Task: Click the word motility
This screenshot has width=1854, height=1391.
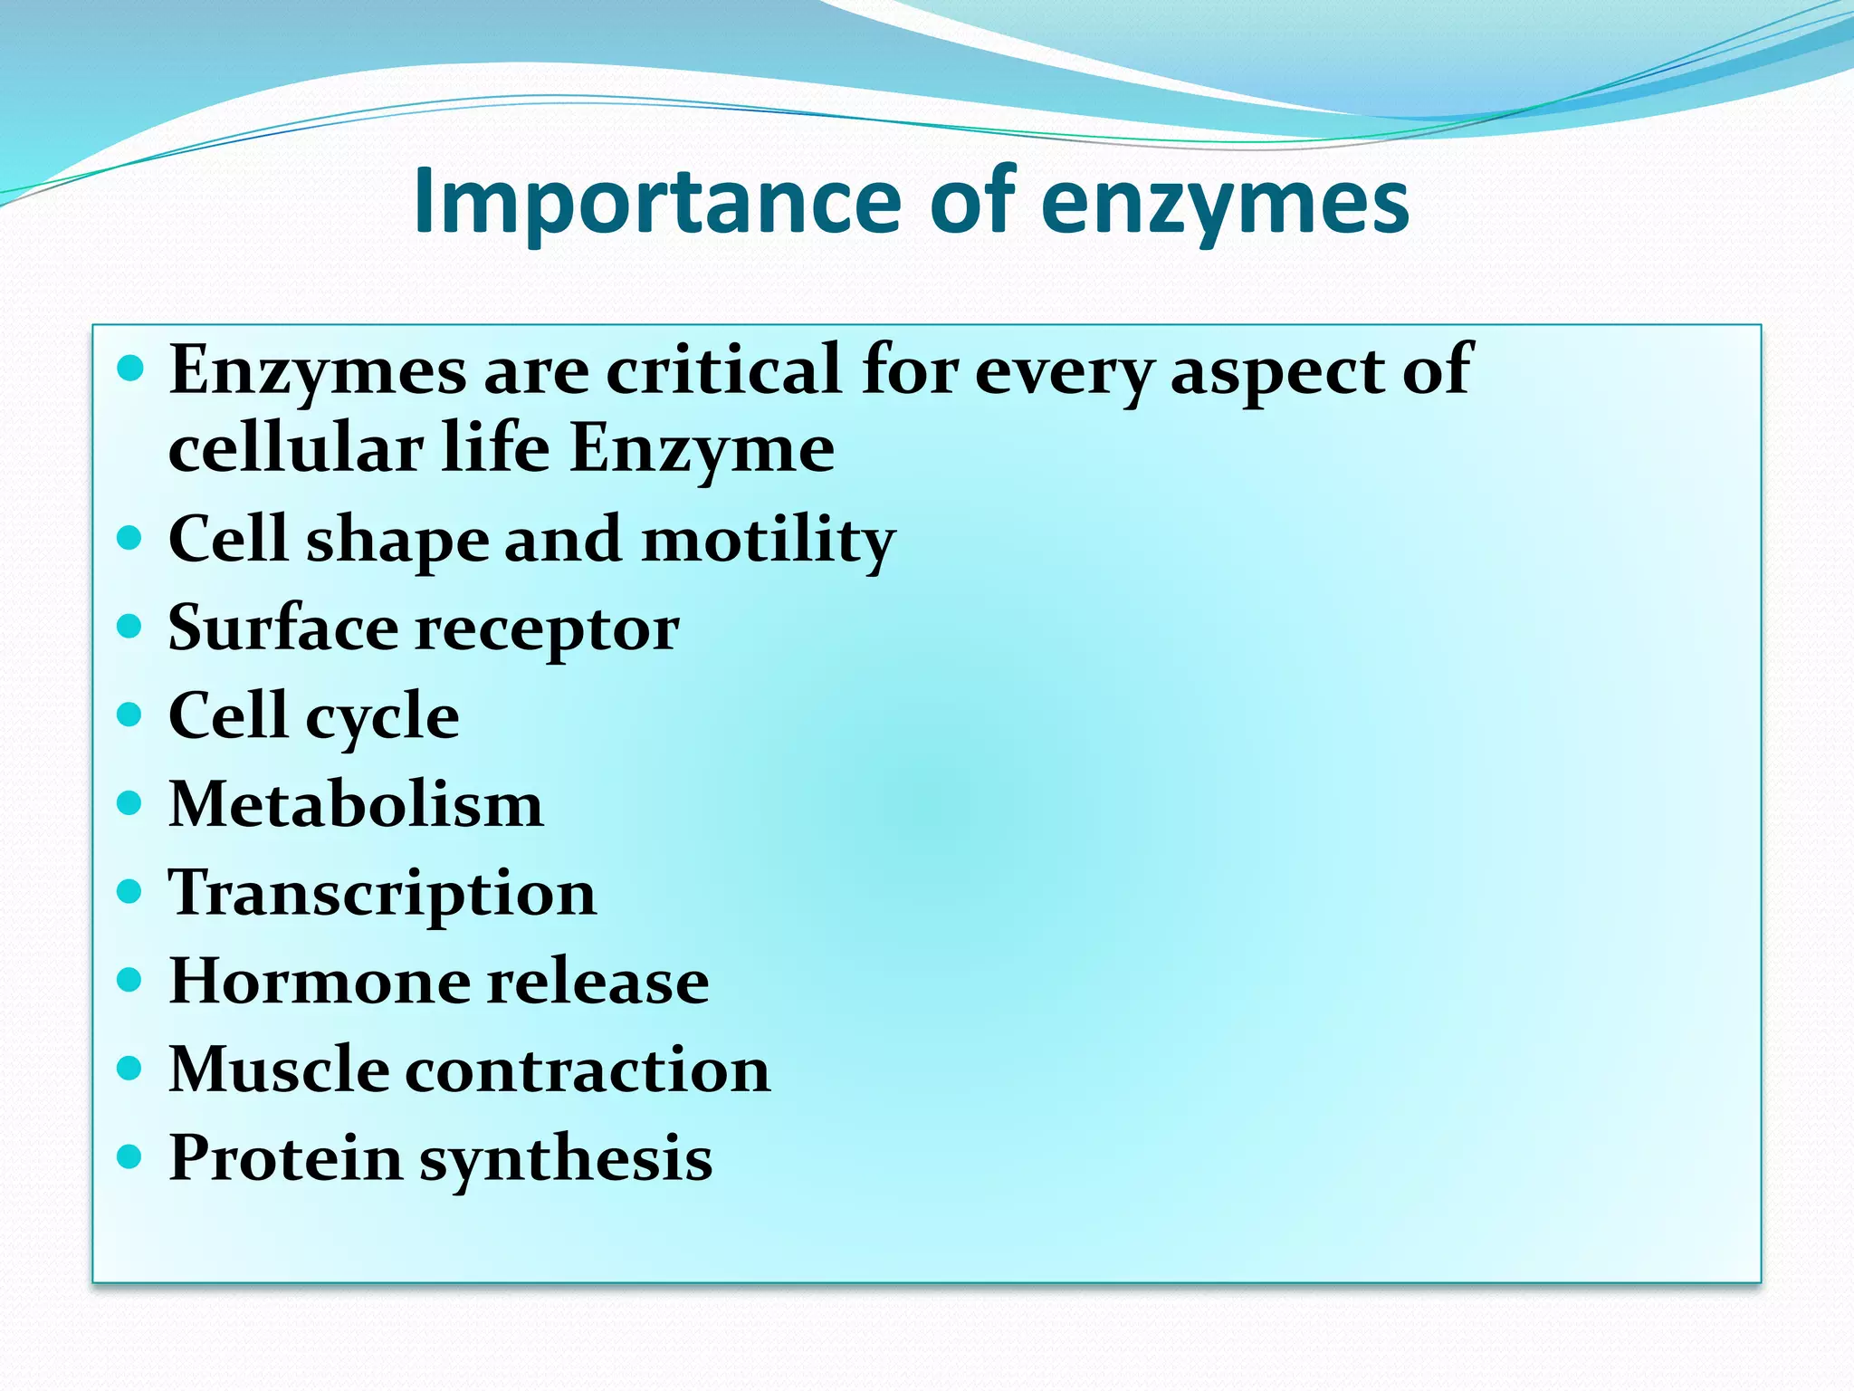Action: coord(769,540)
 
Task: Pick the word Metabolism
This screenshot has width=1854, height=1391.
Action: coord(356,803)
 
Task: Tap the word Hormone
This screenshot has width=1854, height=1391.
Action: coord(319,981)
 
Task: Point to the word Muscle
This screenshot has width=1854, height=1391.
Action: coord(279,1070)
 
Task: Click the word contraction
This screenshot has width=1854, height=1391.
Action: coord(588,1070)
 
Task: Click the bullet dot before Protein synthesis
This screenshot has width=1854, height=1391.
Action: coord(130,1156)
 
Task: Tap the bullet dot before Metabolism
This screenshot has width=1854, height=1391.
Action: coord(130,802)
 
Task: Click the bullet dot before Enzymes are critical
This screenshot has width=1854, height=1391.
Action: coord(130,369)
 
